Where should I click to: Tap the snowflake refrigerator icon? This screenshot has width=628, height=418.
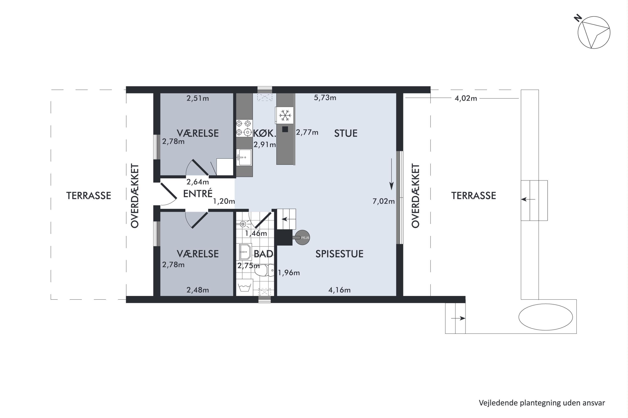(285, 115)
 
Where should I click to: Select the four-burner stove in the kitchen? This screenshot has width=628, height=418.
(244, 128)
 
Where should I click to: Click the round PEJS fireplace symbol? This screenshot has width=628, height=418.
(302, 237)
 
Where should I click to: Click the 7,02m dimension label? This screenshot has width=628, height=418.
(383, 201)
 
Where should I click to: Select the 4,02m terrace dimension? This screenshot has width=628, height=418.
(466, 98)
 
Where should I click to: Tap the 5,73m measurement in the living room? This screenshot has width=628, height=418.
(325, 98)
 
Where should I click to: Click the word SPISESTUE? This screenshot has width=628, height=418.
(339, 254)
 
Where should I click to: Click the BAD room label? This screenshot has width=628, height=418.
(263, 254)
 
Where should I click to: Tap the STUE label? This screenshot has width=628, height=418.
(346, 133)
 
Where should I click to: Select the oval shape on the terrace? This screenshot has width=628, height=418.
(546, 317)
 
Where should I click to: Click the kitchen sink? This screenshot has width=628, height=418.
(244, 157)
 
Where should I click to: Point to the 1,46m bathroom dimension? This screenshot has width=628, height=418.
(256, 233)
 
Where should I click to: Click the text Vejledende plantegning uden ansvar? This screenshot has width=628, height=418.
(542, 403)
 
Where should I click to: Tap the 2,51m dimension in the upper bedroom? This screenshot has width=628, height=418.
(198, 98)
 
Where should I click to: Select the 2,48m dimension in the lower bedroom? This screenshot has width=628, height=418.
(198, 290)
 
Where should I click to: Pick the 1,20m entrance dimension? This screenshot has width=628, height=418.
(224, 201)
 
